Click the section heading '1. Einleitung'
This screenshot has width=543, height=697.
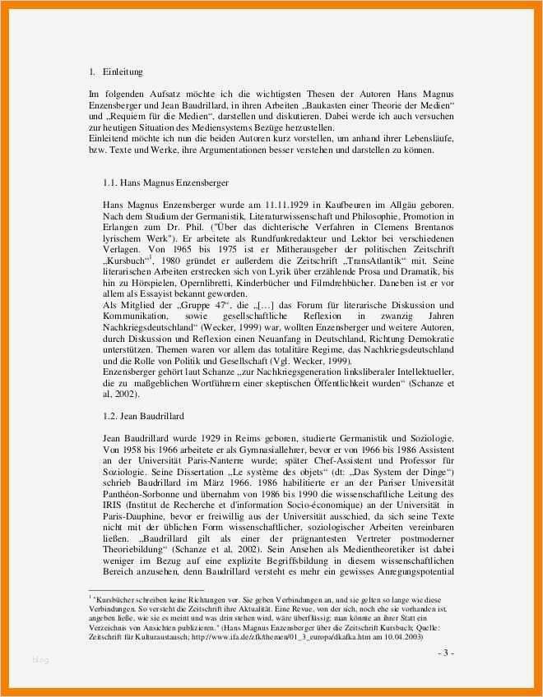(x=118, y=72)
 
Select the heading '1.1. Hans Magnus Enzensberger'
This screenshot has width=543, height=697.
(x=165, y=182)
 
